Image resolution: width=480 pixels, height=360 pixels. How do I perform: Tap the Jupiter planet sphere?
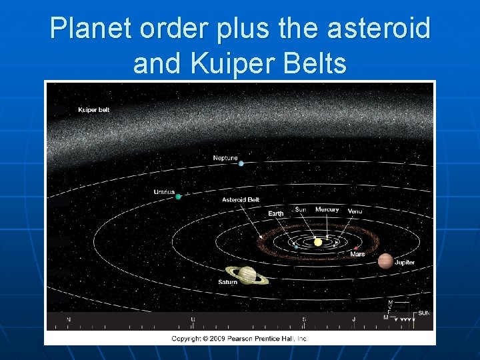[385, 261]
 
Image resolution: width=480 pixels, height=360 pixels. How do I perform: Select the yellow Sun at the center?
[318, 242]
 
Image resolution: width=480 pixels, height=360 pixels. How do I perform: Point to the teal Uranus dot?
[179, 197]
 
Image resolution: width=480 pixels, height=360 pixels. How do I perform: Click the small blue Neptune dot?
[241, 163]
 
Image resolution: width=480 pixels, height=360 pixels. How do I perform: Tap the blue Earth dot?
[295, 246]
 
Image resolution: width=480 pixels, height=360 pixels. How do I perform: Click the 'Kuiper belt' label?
[93, 110]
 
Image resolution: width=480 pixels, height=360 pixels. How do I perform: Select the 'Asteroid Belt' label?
[241, 199]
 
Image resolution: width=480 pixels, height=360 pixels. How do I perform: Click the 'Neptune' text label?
[225, 158]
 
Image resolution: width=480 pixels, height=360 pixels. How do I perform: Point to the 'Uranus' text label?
[164, 192]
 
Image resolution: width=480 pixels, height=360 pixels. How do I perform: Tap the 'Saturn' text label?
[227, 282]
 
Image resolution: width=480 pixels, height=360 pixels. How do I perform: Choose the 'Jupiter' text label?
[404, 263]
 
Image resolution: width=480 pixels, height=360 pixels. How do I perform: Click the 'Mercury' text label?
[327, 209]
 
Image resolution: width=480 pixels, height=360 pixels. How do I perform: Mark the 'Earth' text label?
[275, 213]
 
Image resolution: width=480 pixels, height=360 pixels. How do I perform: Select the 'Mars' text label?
[357, 254]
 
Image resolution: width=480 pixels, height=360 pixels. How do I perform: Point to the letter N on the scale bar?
[68, 320]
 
